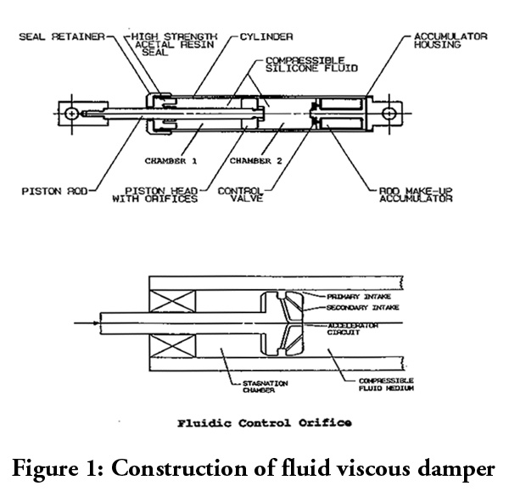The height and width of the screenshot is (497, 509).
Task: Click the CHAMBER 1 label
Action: point(172,159)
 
